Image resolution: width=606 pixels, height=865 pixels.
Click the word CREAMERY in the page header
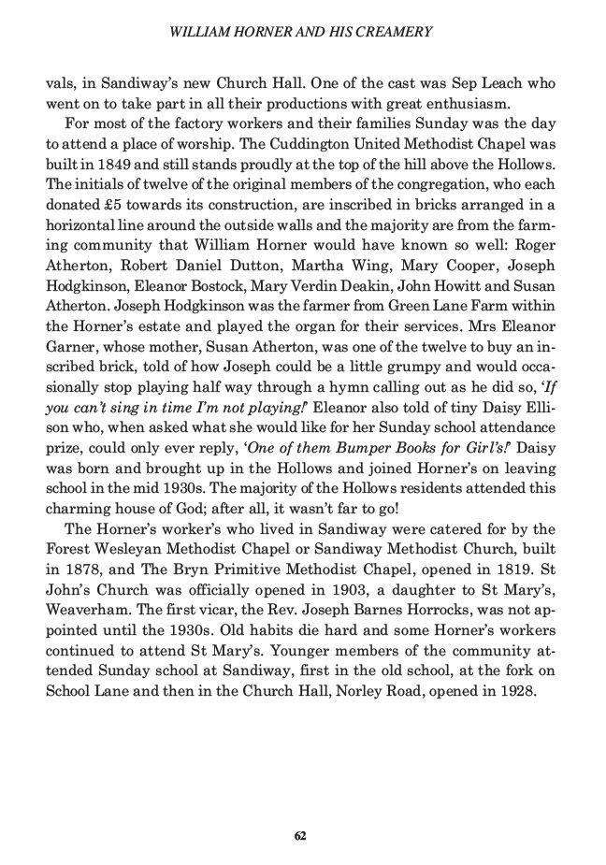click(x=397, y=32)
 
